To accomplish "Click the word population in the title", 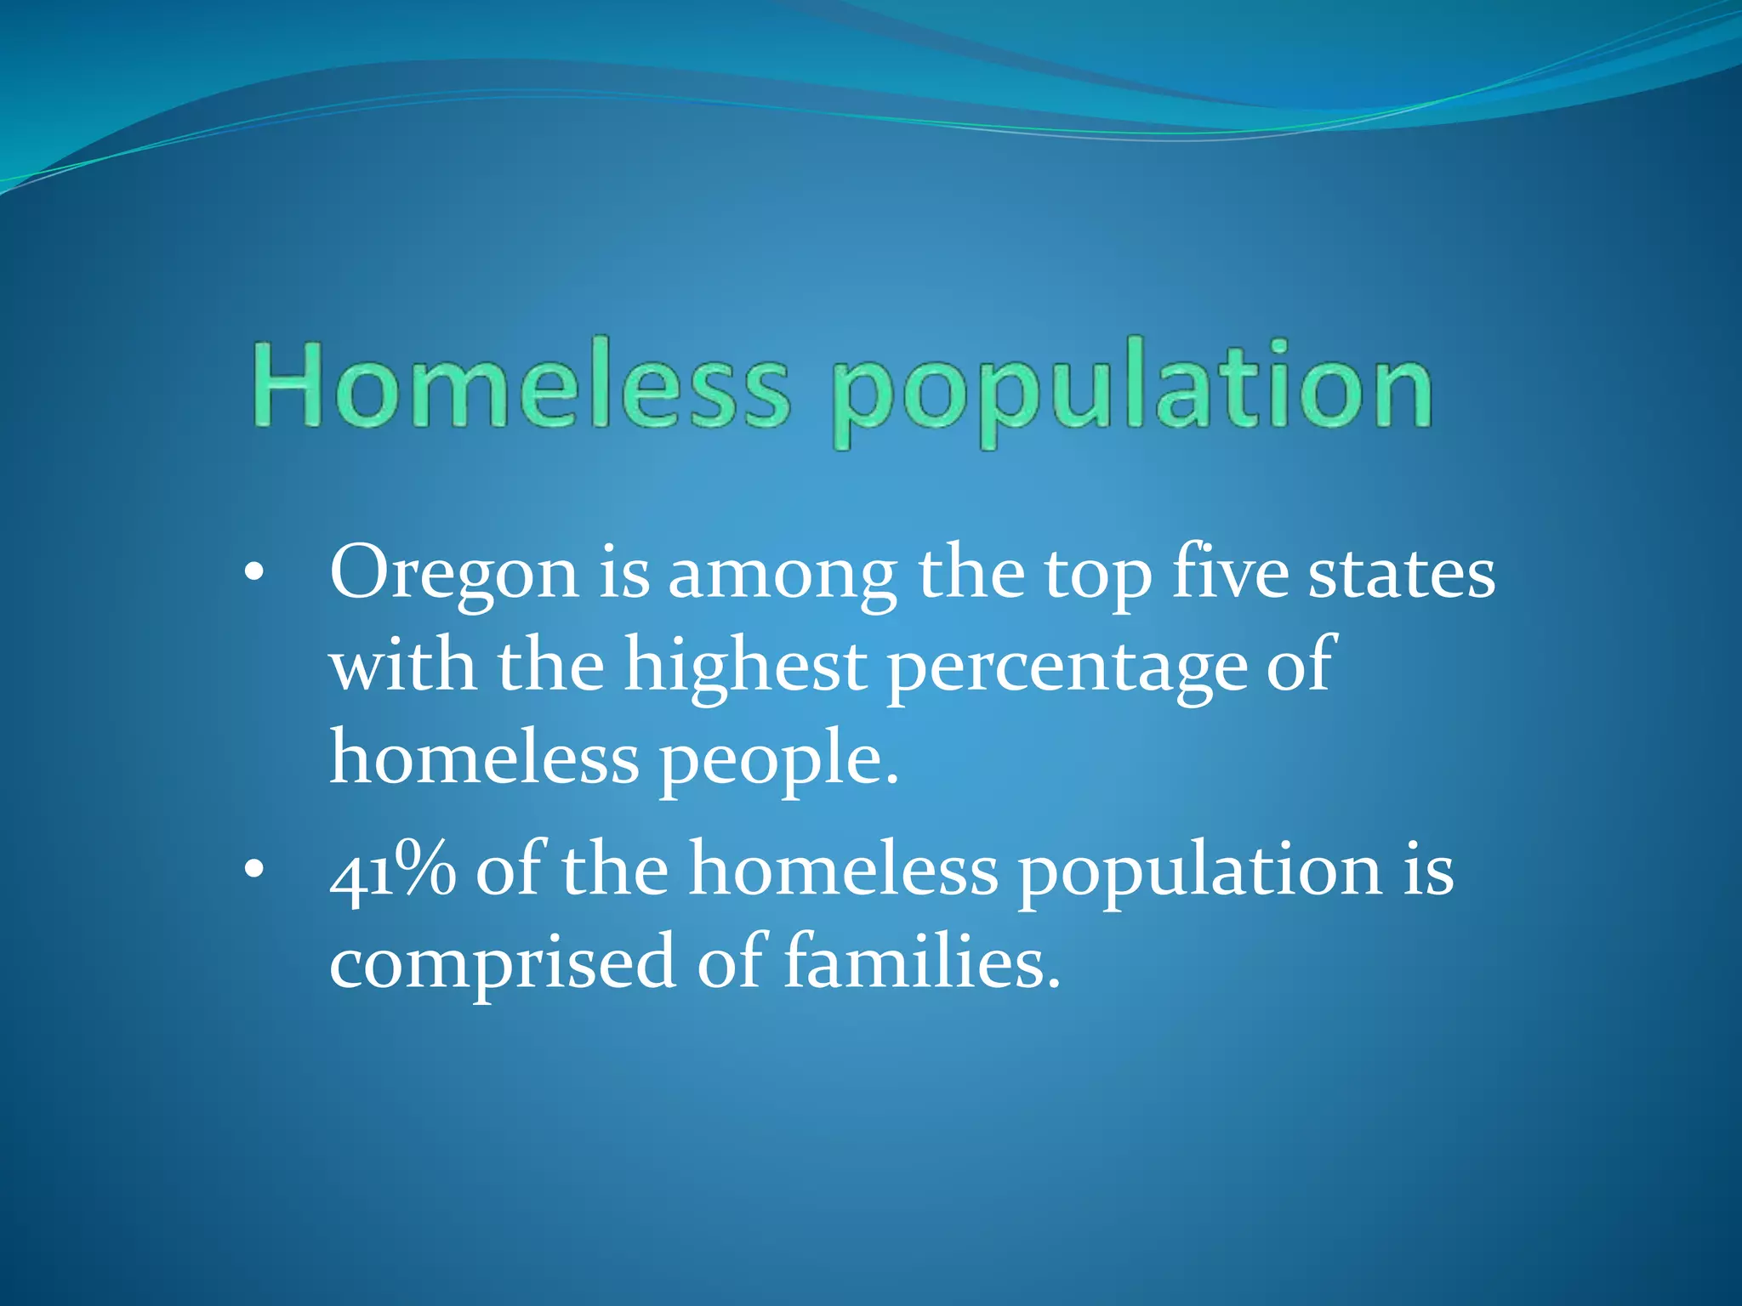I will [x=1132, y=391].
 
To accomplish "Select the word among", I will [x=782, y=575].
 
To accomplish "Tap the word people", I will [x=779, y=759].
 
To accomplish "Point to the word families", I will [x=922, y=961].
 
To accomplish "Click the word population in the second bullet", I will [x=1199, y=873].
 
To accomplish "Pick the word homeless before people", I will [x=484, y=757].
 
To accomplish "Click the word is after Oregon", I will [x=625, y=572].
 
